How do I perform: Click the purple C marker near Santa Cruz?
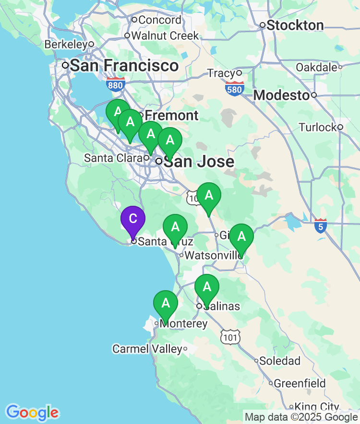(x=133, y=219)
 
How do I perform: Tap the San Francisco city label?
(x=124, y=65)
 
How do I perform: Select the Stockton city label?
(x=295, y=25)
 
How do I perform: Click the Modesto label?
(x=281, y=95)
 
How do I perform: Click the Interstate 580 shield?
(x=234, y=88)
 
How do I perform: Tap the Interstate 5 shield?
(x=321, y=226)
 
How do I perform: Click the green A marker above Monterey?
(x=166, y=304)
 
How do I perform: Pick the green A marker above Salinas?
(x=207, y=287)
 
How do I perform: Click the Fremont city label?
(x=171, y=116)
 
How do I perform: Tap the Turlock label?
(x=318, y=127)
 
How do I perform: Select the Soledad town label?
(x=280, y=361)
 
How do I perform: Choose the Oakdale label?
(x=316, y=67)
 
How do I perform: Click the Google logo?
(x=32, y=412)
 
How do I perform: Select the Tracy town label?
(x=221, y=73)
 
